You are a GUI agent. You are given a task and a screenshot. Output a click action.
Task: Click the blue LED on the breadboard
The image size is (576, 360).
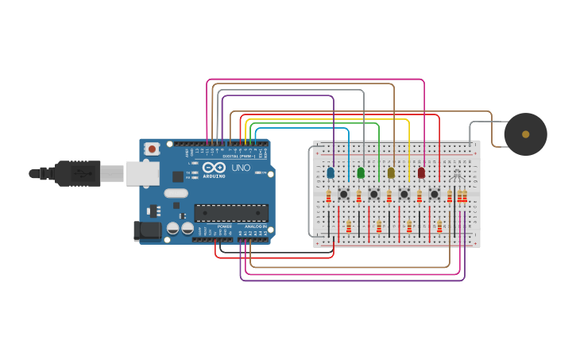(x=331, y=172)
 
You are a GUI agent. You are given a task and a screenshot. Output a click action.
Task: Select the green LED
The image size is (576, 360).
(x=361, y=172)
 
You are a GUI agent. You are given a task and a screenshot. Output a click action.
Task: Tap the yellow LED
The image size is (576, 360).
(x=391, y=172)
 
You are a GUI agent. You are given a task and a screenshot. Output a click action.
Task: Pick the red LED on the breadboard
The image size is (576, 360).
(x=421, y=172)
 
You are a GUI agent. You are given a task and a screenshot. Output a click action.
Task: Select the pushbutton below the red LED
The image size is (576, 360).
(x=434, y=194)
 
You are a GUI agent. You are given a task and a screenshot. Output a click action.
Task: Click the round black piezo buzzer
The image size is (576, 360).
(x=525, y=134)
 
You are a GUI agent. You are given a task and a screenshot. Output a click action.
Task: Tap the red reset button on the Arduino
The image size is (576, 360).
(x=152, y=149)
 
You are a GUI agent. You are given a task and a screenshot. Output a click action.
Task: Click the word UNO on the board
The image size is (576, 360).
(x=241, y=168)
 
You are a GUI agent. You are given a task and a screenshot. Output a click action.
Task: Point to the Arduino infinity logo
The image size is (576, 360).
(x=213, y=168)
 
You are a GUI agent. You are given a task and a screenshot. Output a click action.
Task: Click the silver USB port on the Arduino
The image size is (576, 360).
(x=143, y=173)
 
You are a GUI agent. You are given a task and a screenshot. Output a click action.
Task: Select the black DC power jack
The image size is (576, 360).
(x=148, y=231)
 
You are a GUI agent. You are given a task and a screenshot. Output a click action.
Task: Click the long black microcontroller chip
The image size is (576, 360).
(x=231, y=213)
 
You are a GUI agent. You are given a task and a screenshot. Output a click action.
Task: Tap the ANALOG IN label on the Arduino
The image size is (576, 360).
(x=255, y=226)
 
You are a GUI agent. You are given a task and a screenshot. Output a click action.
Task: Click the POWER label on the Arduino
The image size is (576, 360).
(x=225, y=226)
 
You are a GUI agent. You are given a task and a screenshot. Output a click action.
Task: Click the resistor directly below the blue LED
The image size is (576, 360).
(x=328, y=195)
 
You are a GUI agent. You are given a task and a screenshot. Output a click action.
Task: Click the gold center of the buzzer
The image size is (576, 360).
(x=525, y=134)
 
